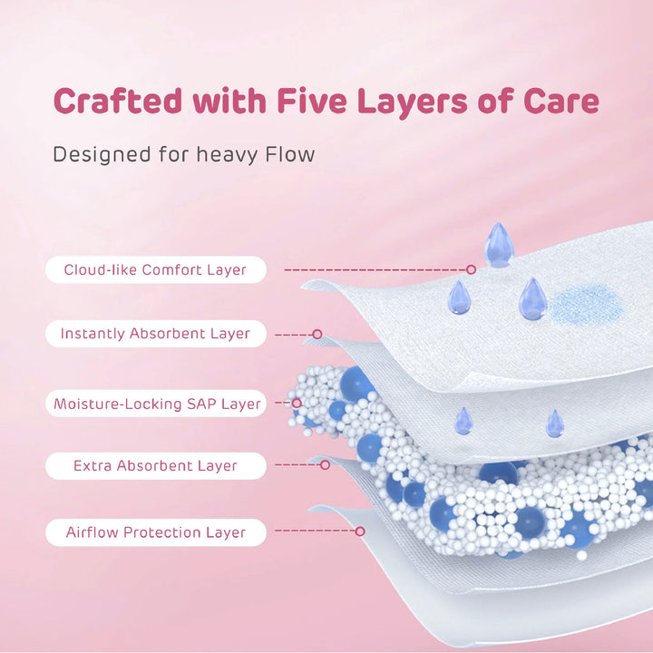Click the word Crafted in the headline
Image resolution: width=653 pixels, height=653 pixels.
[118, 101]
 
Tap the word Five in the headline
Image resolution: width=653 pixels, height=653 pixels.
[311, 101]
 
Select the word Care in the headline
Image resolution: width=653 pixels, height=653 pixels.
[561, 101]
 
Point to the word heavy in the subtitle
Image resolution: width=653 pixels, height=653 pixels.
[228, 155]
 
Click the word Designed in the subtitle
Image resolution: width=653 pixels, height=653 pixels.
[102, 155]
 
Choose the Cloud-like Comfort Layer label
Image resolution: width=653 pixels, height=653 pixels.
[155, 270]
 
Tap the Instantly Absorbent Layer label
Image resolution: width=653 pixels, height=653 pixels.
[155, 334]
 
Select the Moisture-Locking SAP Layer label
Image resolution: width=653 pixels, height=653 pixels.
[155, 403]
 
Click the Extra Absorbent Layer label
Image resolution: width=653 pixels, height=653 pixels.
[155, 465]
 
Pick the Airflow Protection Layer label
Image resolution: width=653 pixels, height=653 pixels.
[155, 532]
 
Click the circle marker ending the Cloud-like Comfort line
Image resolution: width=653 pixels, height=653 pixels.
[471, 269]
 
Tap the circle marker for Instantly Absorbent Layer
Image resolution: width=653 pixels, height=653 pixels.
[317, 334]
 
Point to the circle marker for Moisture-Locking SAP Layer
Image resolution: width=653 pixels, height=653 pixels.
[297, 403]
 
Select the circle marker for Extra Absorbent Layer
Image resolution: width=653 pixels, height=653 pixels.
[326, 464]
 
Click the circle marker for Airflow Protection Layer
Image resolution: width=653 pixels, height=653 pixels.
[360, 531]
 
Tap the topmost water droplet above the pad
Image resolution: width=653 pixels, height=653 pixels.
[499, 245]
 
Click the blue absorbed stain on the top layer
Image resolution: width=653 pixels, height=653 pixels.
[587, 305]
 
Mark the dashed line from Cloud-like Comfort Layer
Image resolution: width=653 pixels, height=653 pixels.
[375, 270]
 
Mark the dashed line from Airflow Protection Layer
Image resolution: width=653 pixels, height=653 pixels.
[316, 531]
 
